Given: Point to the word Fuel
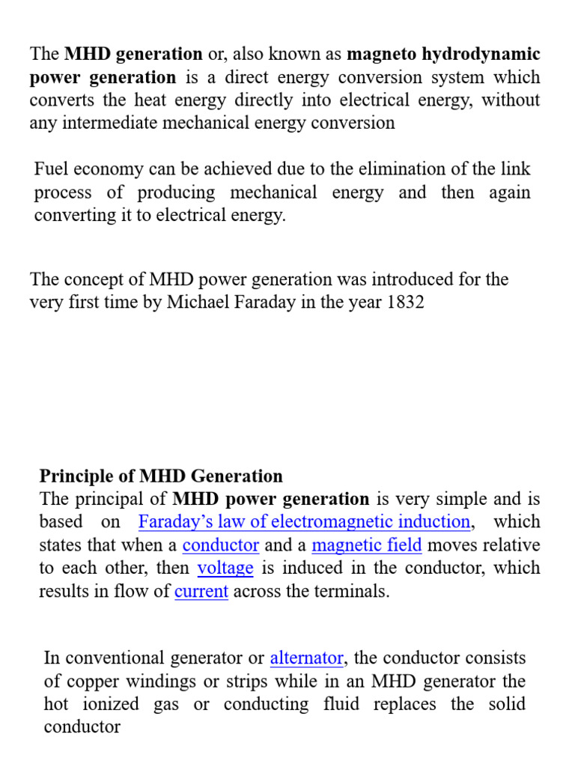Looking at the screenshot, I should pos(52,169).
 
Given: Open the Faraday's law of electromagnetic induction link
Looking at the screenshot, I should pos(304,522).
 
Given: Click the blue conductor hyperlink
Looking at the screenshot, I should pos(221,545).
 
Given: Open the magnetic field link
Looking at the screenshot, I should pos(367,545).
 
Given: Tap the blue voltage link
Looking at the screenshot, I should pos(225,569).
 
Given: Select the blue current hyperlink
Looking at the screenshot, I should pos(201,592).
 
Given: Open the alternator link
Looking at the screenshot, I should pos(307,658).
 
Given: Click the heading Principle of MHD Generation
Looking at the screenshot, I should pos(161,476).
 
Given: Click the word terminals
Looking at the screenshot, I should pos(354,592).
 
